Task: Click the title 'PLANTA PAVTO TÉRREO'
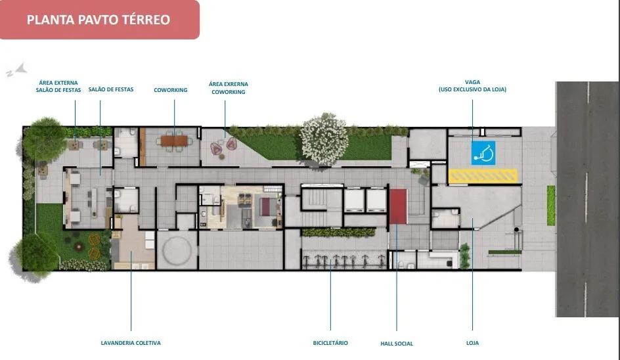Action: [x=99, y=20]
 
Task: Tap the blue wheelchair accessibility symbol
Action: [x=483, y=153]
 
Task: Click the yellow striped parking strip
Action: [x=483, y=175]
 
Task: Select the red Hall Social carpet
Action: [x=398, y=206]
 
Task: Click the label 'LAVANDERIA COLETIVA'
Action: [x=131, y=343]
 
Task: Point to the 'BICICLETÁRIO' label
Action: [x=330, y=343]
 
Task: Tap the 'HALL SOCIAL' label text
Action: [x=397, y=344]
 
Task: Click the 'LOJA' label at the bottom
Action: [x=472, y=343]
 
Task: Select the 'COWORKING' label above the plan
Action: [x=171, y=90]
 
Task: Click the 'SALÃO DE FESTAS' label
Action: [x=111, y=89]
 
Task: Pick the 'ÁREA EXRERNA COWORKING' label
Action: [x=229, y=88]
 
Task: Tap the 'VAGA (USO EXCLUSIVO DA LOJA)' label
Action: [x=472, y=86]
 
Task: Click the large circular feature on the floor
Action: [x=176, y=250]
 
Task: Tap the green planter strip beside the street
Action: [x=551, y=205]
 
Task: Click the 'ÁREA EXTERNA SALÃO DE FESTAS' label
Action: [x=58, y=87]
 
